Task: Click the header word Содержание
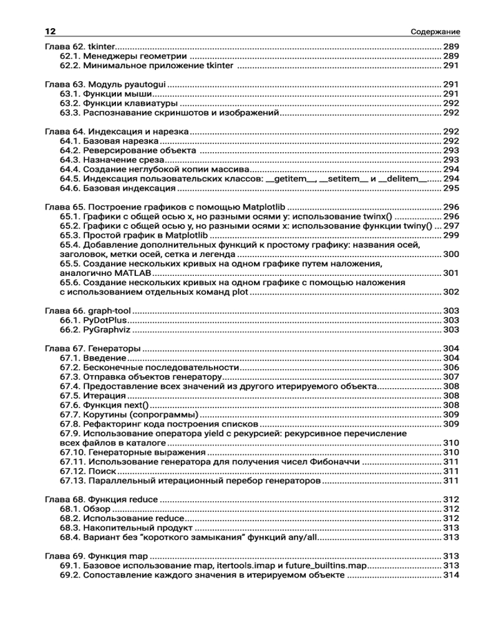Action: coord(435,32)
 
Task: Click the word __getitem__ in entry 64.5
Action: coord(290,179)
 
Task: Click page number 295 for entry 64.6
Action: coord(451,188)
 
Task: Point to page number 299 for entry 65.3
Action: coord(451,235)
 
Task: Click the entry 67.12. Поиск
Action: coord(84,471)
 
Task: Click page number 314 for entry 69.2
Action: coord(451,575)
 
